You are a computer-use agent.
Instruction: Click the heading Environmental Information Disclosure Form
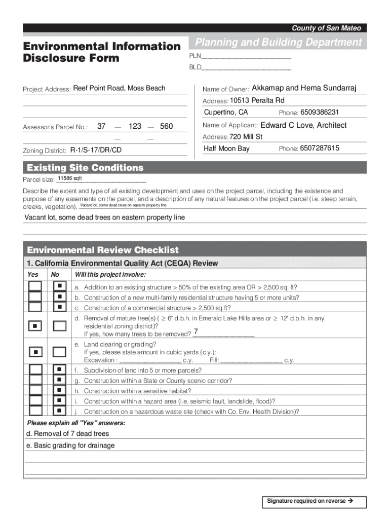[x=101, y=52]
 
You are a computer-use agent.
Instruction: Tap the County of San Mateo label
[x=326, y=28]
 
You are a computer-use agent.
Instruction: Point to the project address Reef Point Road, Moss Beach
[x=119, y=88]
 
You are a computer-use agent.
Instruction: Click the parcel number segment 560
[x=167, y=126]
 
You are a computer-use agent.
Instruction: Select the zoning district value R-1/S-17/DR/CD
[x=96, y=151]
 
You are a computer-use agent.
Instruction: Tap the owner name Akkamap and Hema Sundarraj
[x=304, y=89]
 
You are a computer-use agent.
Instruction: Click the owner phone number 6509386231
[x=319, y=112]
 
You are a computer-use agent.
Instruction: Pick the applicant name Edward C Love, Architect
[x=303, y=125]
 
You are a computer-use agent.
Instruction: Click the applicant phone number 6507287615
[x=319, y=148]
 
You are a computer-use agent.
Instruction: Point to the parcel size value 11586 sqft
[x=69, y=179]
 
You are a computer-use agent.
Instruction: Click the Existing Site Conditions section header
[x=85, y=168]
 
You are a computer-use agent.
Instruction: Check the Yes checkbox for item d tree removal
[x=35, y=325]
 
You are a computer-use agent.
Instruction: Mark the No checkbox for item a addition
[x=59, y=286]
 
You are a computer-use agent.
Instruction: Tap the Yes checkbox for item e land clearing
[x=35, y=351]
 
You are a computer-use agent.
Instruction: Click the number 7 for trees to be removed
[x=196, y=332]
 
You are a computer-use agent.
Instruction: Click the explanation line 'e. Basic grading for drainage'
[x=70, y=446]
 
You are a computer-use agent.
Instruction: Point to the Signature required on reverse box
[x=309, y=501]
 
